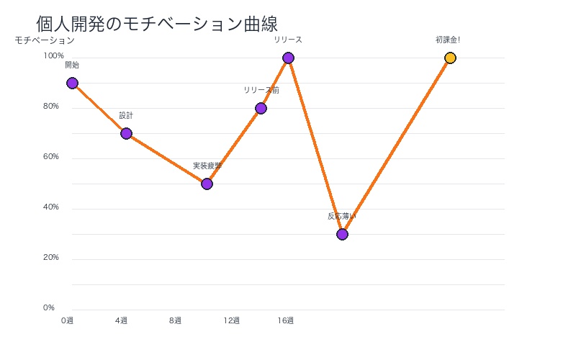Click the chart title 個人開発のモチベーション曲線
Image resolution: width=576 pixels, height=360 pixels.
(157, 24)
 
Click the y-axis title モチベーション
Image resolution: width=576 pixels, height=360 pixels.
(45, 40)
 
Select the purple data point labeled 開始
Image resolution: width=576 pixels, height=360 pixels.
(72, 83)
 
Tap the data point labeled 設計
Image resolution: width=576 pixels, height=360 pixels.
(126, 133)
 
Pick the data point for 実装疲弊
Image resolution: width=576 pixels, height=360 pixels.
(207, 184)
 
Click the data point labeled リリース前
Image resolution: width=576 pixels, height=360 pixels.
(261, 108)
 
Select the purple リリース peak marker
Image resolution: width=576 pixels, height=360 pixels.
(288, 58)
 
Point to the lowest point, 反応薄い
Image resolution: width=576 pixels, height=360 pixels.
(342, 234)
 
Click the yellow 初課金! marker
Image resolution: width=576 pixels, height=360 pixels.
(450, 58)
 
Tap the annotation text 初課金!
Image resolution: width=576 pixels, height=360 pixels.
(447, 40)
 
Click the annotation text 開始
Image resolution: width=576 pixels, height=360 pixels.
(72, 65)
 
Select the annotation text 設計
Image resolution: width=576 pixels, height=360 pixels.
(126, 115)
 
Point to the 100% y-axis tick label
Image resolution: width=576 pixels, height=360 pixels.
(53, 55)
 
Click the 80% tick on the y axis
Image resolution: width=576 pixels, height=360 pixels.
(50, 106)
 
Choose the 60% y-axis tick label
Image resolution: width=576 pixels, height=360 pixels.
(50, 156)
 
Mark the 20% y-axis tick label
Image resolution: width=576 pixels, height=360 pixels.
(50, 257)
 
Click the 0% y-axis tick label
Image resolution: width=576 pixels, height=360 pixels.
(49, 307)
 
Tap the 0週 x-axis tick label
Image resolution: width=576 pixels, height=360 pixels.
(67, 320)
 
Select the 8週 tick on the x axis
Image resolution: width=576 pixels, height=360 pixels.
(175, 320)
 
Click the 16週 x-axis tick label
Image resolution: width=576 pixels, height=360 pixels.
(286, 320)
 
